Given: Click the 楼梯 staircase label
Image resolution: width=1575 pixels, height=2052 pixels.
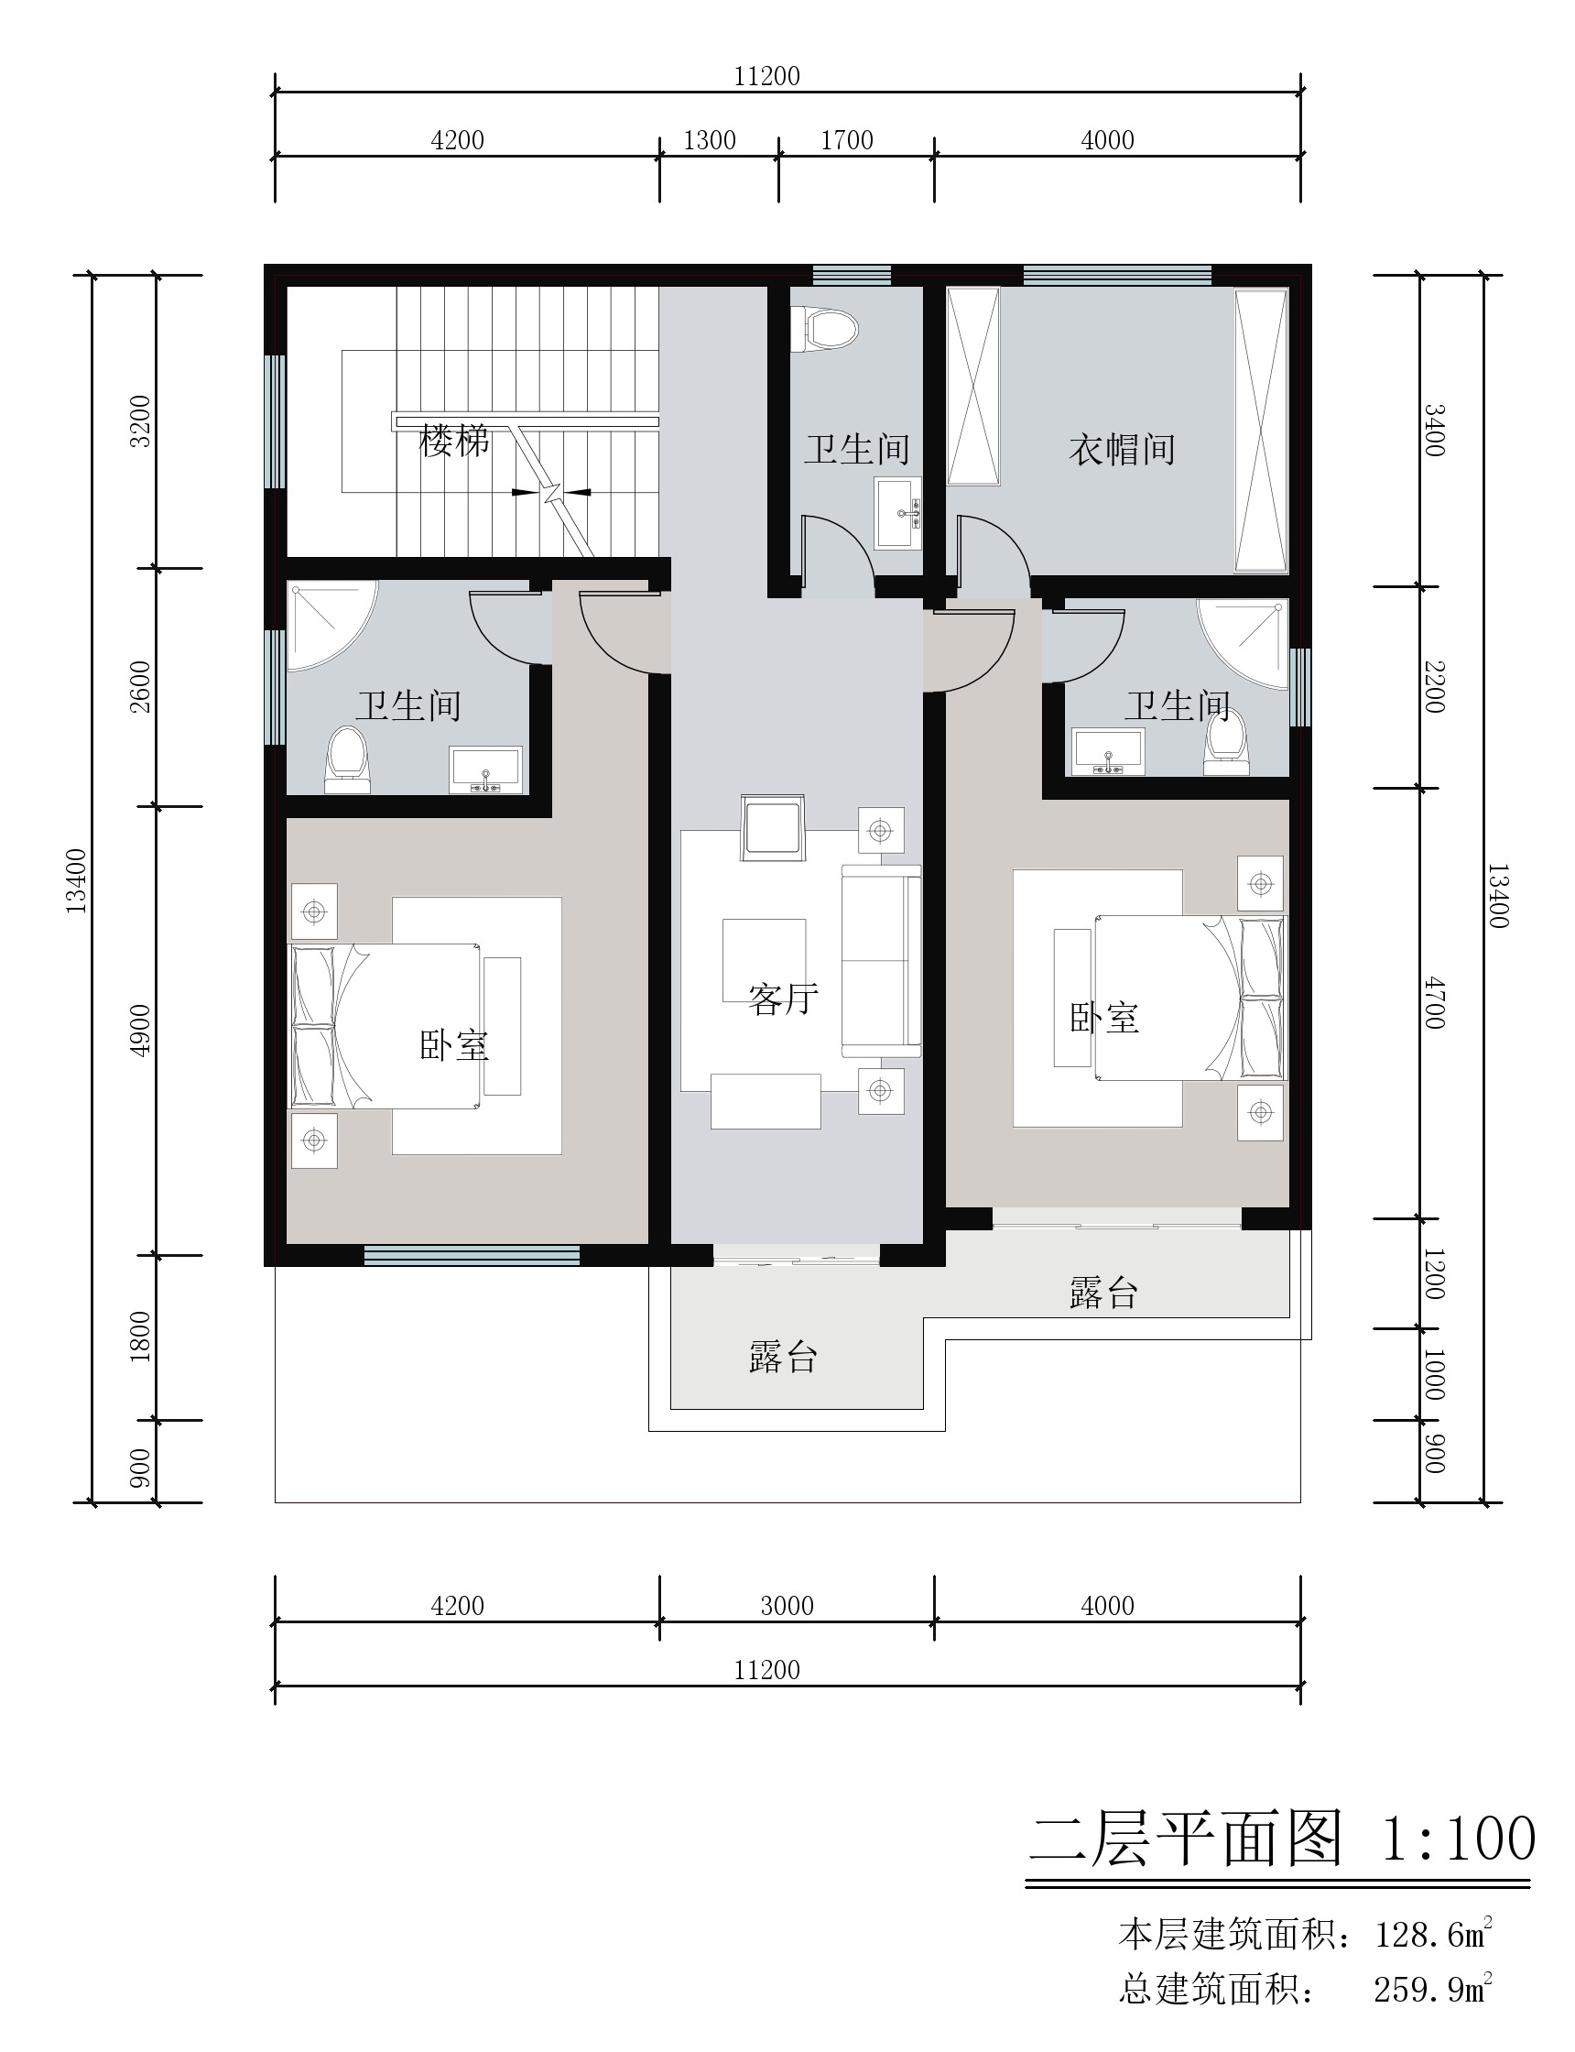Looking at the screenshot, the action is pyautogui.click(x=455, y=441).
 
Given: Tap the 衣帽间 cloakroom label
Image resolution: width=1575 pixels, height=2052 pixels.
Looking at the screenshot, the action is pyautogui.click(x=1123, y=449).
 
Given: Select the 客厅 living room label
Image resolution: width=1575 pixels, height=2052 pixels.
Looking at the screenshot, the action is pyautogui.click(x=784, y=999).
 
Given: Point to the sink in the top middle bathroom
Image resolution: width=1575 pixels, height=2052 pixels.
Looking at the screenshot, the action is pyautogui.click(x=898, y=513).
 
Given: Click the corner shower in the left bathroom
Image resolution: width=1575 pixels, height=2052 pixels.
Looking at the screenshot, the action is pyautogui.click(x=331, y=626).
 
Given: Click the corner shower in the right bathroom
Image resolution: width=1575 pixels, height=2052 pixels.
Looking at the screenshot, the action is pyautogui.click(x=1244, y=645).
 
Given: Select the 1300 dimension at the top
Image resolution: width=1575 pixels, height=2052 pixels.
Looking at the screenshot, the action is pyautogui.click(x=710, y=141).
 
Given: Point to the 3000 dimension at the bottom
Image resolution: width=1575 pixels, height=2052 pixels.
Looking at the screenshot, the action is pyautogui.click(x=787, y=1606).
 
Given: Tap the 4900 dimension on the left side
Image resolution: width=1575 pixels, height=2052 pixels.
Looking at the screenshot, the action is pyautogui.click(x=140, y=1031).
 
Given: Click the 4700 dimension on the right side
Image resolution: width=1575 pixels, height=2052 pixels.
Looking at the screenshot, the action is pyautogui.click(x=1434, y=1002).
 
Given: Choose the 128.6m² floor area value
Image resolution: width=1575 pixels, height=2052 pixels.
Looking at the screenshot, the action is pyautogui.click(x=1432, y=1934).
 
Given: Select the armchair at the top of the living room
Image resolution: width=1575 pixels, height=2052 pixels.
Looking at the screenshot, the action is pyautogui.click(x=773, y=827).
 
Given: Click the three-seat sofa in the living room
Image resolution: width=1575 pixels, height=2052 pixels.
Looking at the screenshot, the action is pyautogui.click(x=881, y=960).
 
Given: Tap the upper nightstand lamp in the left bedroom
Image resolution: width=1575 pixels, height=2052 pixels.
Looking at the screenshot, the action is pyautogui.click(x=314, y=911).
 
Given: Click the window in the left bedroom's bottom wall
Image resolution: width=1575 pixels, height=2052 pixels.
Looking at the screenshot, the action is pyautogui.click(x=472, y=1255).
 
